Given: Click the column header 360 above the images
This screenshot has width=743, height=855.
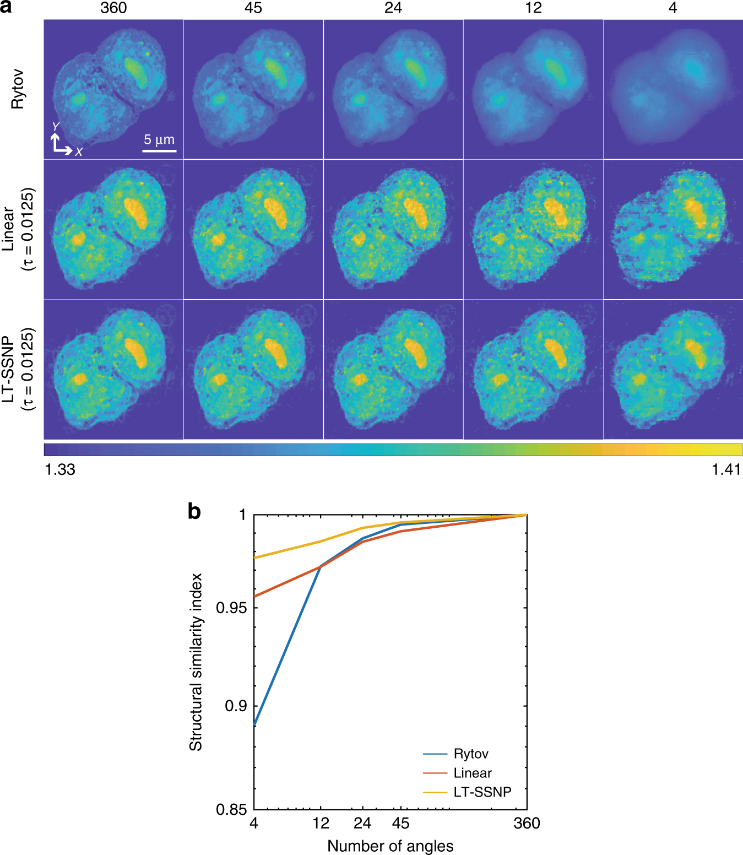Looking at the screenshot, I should [113, 8].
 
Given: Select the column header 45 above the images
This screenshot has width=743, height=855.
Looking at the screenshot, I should [253, 8].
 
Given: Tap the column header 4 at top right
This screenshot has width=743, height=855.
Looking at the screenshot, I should [673, 8].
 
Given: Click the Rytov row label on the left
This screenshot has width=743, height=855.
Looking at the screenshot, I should [18, 89].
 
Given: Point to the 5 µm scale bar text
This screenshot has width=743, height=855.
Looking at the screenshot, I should [159, 139].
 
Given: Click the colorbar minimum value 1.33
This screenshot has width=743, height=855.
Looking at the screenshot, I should [59, 469].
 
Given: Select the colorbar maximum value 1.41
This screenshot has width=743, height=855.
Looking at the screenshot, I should [726, 469].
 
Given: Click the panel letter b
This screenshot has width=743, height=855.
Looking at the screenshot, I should [194, 511].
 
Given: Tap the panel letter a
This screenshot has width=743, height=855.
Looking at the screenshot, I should [6, 8].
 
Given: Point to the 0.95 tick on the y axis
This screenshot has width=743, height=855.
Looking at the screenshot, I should [231, 608].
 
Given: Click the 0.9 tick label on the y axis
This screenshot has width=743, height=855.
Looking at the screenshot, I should [236, 706].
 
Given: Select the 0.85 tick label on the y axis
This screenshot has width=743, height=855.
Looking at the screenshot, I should [231, 809].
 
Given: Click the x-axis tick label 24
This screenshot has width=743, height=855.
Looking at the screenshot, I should [362, 823].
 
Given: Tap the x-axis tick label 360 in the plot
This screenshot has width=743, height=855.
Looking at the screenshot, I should [527, 823].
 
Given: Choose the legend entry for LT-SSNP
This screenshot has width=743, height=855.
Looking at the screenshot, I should [482, 792].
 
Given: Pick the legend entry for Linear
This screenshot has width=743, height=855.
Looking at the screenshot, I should [472, 773].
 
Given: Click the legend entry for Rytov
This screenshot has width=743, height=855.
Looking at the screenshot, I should [470, 754].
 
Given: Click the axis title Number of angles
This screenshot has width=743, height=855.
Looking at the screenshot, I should [390, 846].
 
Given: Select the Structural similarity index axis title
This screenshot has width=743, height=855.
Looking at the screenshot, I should [196, 662].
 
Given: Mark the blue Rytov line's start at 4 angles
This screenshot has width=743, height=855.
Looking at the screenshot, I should [254, 725].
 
